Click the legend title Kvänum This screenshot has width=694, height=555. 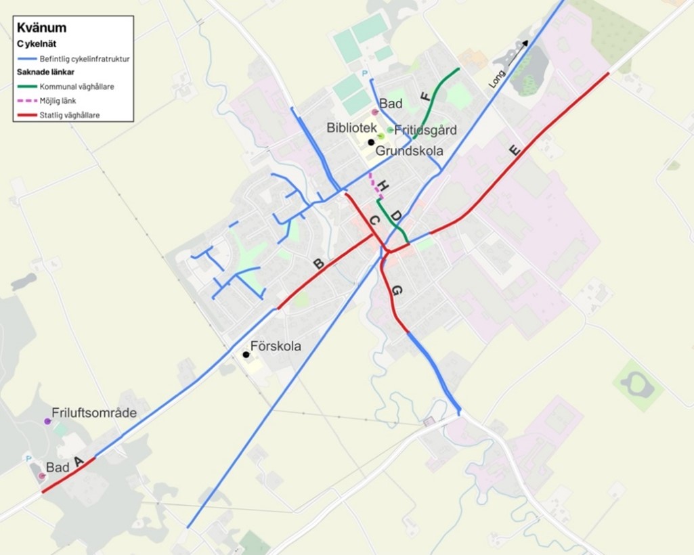pos(41,28)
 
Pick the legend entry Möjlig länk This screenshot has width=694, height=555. pos(58,101)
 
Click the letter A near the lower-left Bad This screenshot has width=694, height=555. pos(79,462)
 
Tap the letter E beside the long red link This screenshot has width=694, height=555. pos(515,150)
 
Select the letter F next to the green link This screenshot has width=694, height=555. pos(425,96)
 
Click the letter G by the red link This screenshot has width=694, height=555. pos(397,290)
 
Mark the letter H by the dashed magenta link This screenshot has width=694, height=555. pos(383,185)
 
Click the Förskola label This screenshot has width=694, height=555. pos(276,347)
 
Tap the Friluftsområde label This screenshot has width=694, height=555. pos(94,413)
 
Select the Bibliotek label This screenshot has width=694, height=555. pos(351,127)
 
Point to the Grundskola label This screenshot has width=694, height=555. pos(409,151)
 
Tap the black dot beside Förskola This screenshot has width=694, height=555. pos(246,354)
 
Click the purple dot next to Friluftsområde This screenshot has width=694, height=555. pos(47,421)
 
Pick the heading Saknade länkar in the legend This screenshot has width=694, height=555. pos(45,72)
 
